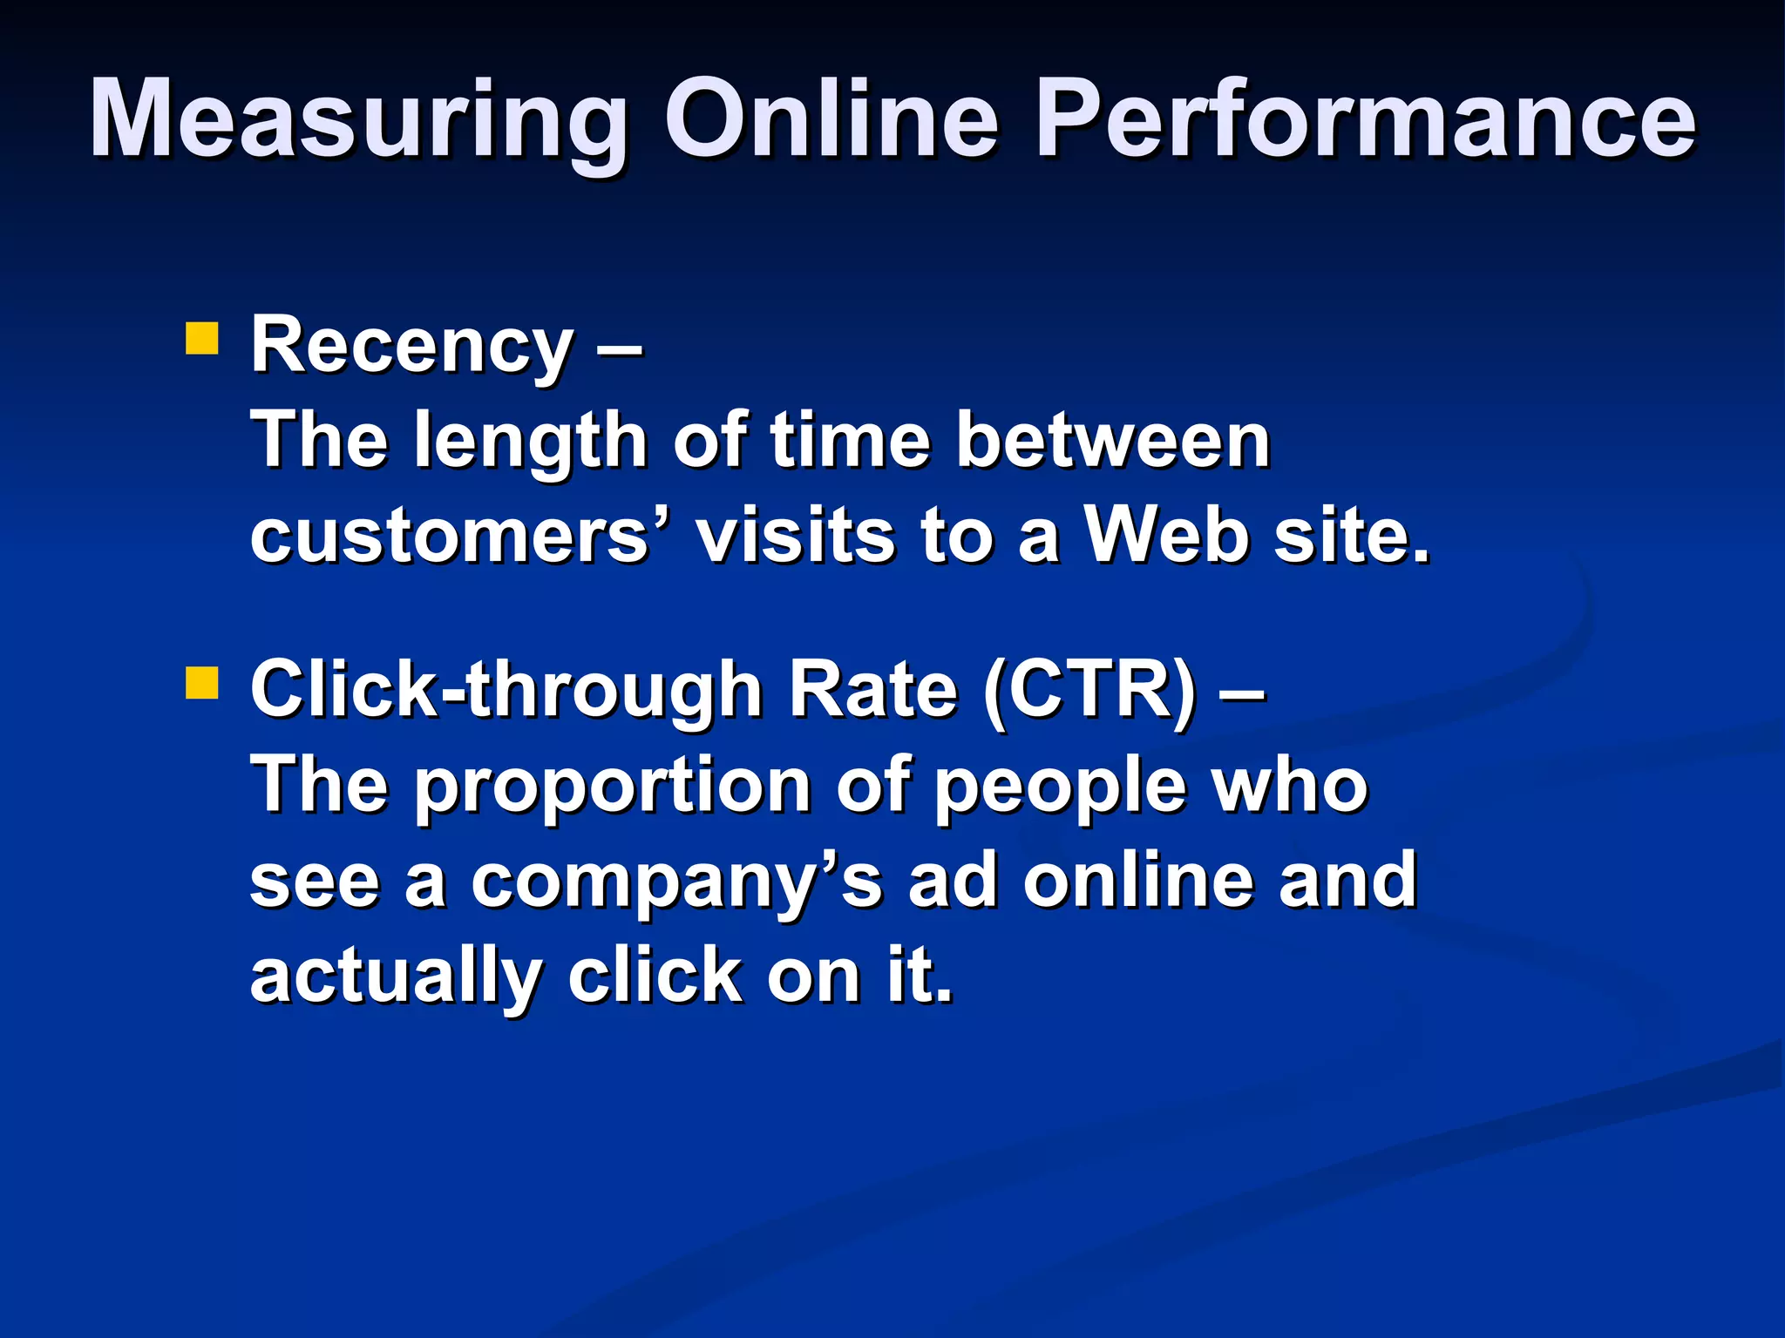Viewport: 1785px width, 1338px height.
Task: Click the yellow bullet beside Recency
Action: (x=201, y=339)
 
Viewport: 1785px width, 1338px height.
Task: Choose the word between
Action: (x=1113, y=441)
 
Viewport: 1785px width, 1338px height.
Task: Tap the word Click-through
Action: (x=506, y=692)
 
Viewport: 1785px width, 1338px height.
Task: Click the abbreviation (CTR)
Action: (x=1089, y=692)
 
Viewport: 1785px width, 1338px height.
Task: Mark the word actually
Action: (x=397, y=977)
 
